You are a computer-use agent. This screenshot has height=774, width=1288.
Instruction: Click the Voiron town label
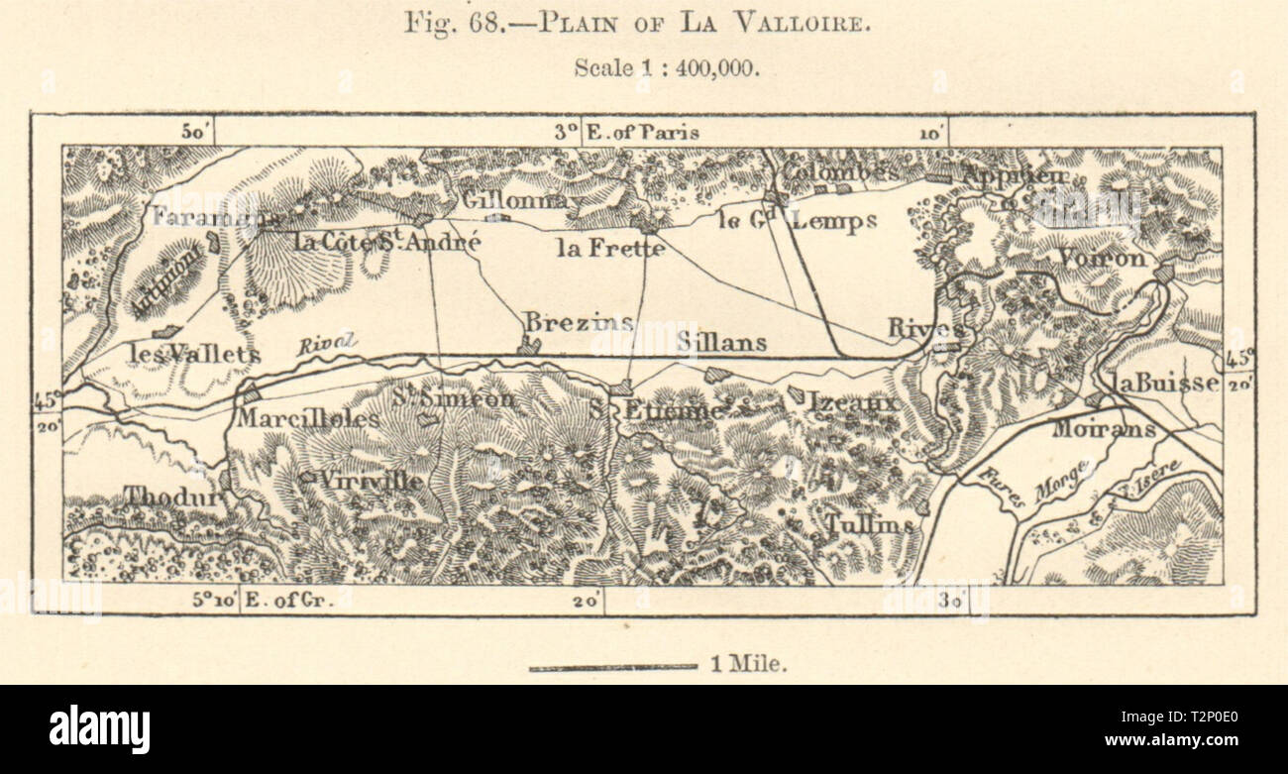pos(1102,258)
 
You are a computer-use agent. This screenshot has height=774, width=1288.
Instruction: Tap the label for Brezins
pos(578,323)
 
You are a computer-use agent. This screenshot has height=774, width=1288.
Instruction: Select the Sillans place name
pos(722,343)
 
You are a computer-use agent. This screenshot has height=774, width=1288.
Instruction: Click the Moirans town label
pos(1090,428)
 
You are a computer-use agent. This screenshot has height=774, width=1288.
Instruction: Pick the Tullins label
pos(869,524)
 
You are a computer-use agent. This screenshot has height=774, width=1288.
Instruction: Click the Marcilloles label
pos(307,419)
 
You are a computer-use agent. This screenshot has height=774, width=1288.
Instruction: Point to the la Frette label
pos(610,248)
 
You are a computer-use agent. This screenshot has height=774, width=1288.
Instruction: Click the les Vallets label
pos(194,353)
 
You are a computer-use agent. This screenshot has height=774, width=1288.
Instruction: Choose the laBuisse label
pos(1164,383)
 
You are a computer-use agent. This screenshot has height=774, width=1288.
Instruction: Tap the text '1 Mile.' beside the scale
pos(749,666)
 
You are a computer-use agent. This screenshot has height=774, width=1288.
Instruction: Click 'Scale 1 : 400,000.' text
pos(666,68)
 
